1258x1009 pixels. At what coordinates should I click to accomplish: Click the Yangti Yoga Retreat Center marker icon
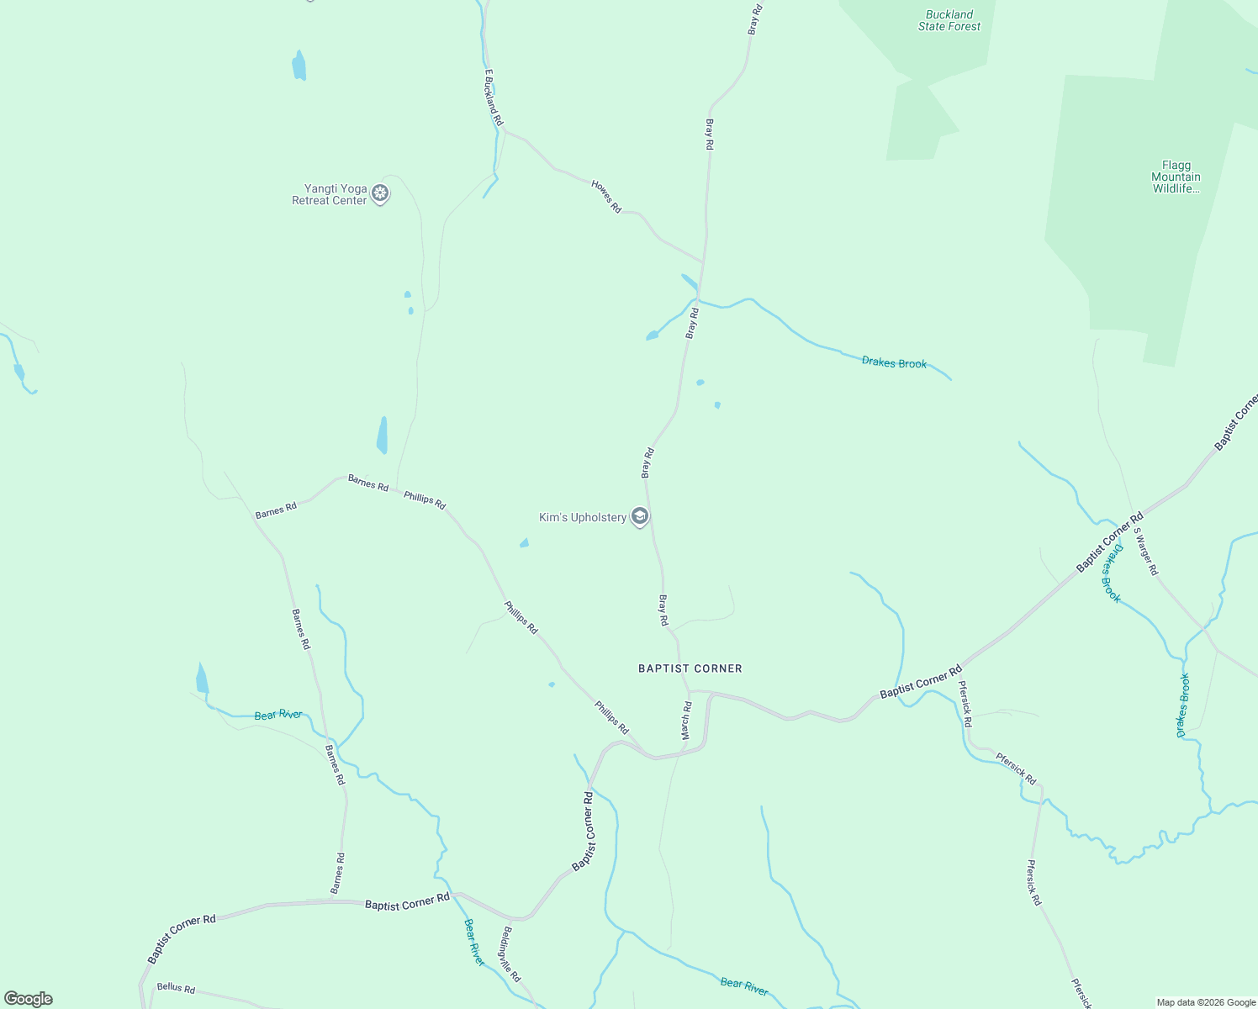tap(380, 194)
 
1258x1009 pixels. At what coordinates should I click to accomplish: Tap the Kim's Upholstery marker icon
tap(639, 516)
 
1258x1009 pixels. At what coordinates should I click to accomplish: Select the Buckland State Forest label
tap(949, 21)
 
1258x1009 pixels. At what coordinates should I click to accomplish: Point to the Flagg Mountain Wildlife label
tap(1176, 177)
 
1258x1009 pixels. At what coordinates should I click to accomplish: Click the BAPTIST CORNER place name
tap(690, 669)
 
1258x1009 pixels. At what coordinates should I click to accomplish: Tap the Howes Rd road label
tap(606, 197)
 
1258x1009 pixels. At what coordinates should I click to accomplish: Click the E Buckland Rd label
tap(493, 98)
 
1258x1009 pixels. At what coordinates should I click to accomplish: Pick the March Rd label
tap(686, 721)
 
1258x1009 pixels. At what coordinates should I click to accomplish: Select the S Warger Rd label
tap(1145, 551)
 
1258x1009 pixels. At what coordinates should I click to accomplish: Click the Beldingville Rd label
tap(511, 954)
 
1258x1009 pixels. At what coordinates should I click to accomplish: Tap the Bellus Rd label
tap(176, 988)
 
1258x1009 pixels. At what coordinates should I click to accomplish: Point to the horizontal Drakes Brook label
tap(894, 363)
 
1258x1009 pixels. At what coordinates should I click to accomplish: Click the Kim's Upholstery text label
tap(583, 518)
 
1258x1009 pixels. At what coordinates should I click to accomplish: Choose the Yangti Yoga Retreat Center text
tap(330, 195)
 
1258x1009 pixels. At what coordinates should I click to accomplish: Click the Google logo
tap(29, 999)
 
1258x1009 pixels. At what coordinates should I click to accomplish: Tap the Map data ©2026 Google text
tap(1205, 1002)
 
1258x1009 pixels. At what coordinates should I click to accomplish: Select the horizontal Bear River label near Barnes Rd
tap(278, 716)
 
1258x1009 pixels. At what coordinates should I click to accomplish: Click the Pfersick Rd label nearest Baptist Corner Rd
tap(965, 704)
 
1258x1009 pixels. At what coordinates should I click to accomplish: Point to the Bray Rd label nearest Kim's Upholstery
tap(647, 463)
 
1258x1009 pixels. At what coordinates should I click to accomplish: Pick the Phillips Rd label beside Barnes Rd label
tap(425, 499)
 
